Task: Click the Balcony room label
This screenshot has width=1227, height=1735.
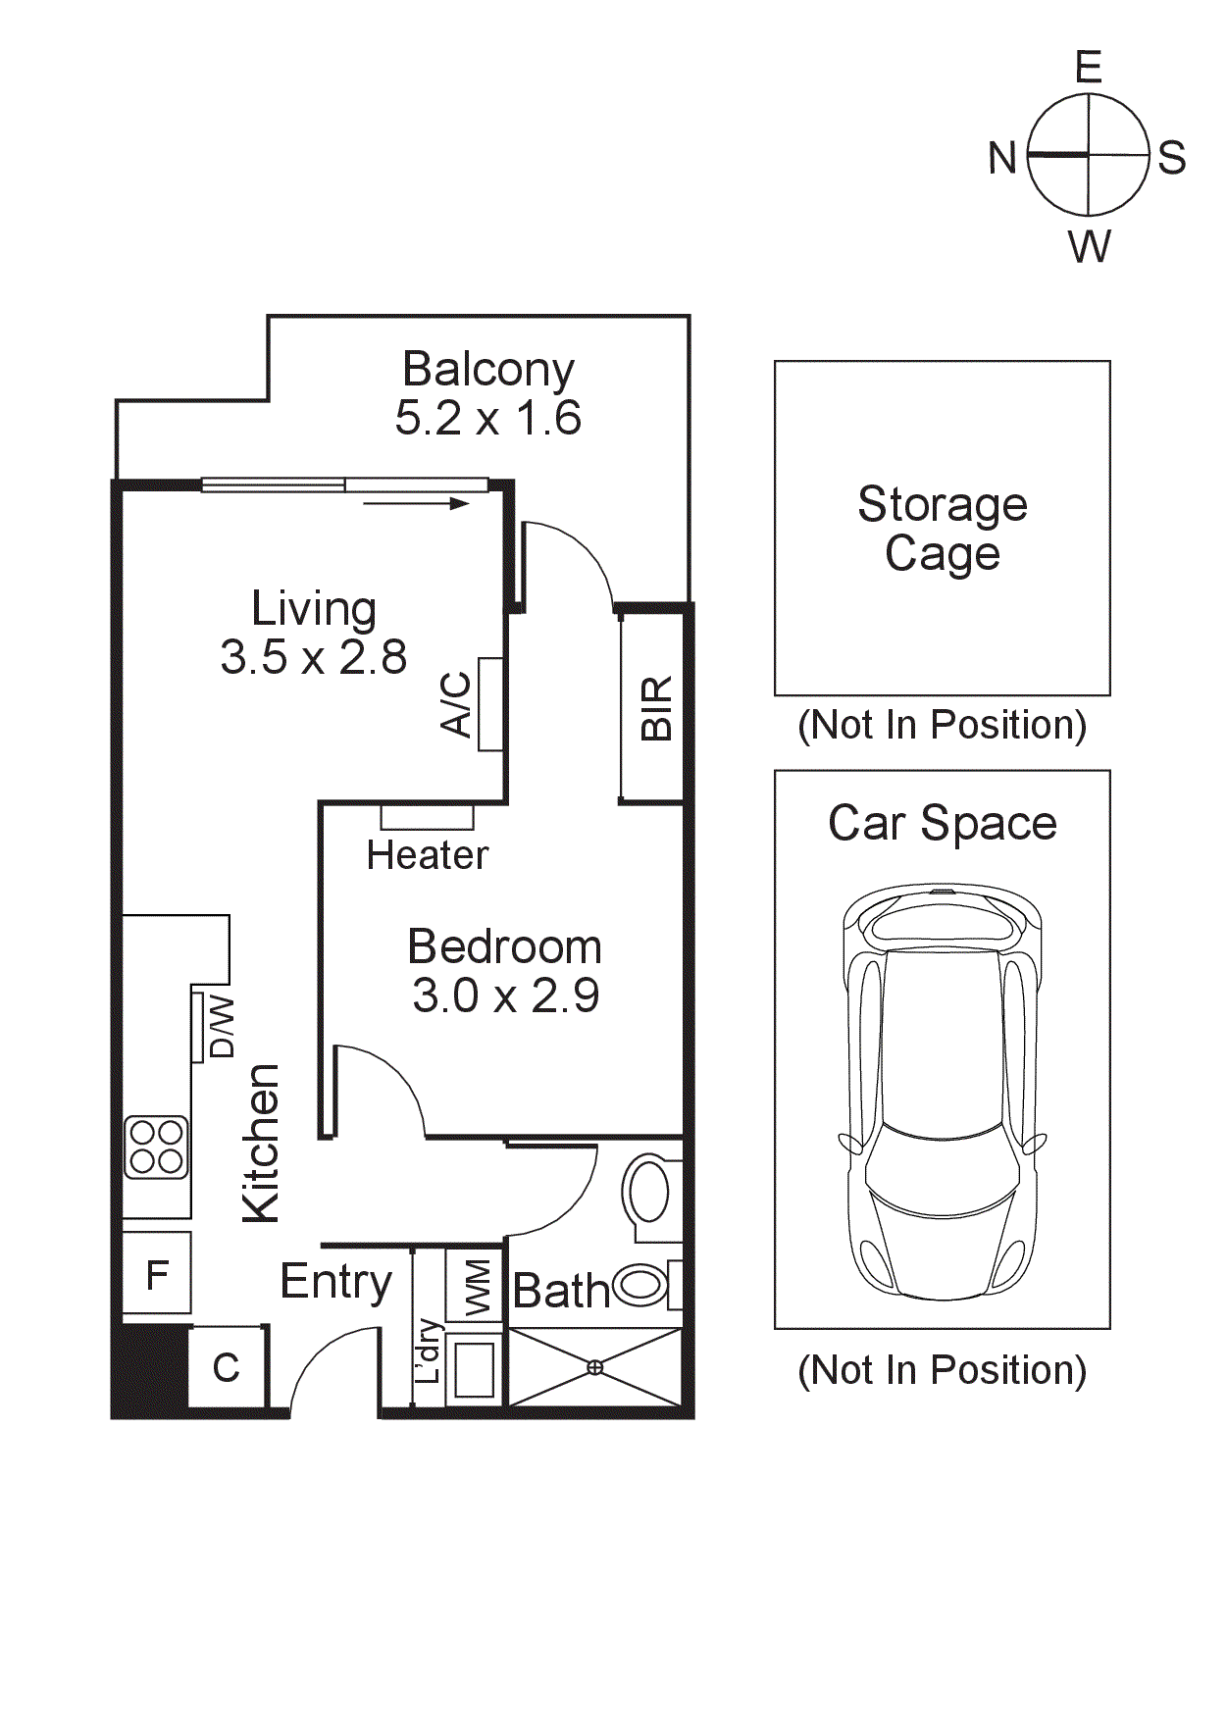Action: (487, 370)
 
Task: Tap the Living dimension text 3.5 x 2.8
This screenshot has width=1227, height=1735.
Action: (313, 657)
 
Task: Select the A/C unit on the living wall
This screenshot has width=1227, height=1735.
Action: (490, 704)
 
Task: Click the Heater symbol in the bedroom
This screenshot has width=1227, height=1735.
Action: (427, 816)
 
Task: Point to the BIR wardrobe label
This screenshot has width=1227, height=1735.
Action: (656, 707)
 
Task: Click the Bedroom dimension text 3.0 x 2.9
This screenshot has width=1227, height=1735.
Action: (505, 996)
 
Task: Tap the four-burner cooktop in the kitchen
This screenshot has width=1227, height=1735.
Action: (156, 1147)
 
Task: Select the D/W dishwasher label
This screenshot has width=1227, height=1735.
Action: (223, 1026)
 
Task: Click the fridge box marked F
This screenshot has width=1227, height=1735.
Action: (156, 1275)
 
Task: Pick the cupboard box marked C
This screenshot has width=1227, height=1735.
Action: (227, 1367)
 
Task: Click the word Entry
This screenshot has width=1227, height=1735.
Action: (335, 1281)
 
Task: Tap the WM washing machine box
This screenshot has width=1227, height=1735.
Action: (476, 1286)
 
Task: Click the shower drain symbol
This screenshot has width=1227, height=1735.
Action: (594, 1366)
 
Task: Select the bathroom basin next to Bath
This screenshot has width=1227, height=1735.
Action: (641, 1285)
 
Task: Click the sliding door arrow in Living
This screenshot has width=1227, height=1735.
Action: (417, 504)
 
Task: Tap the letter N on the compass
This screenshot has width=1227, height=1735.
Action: (1001, 158)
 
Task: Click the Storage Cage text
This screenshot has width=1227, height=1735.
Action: (942, 529)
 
